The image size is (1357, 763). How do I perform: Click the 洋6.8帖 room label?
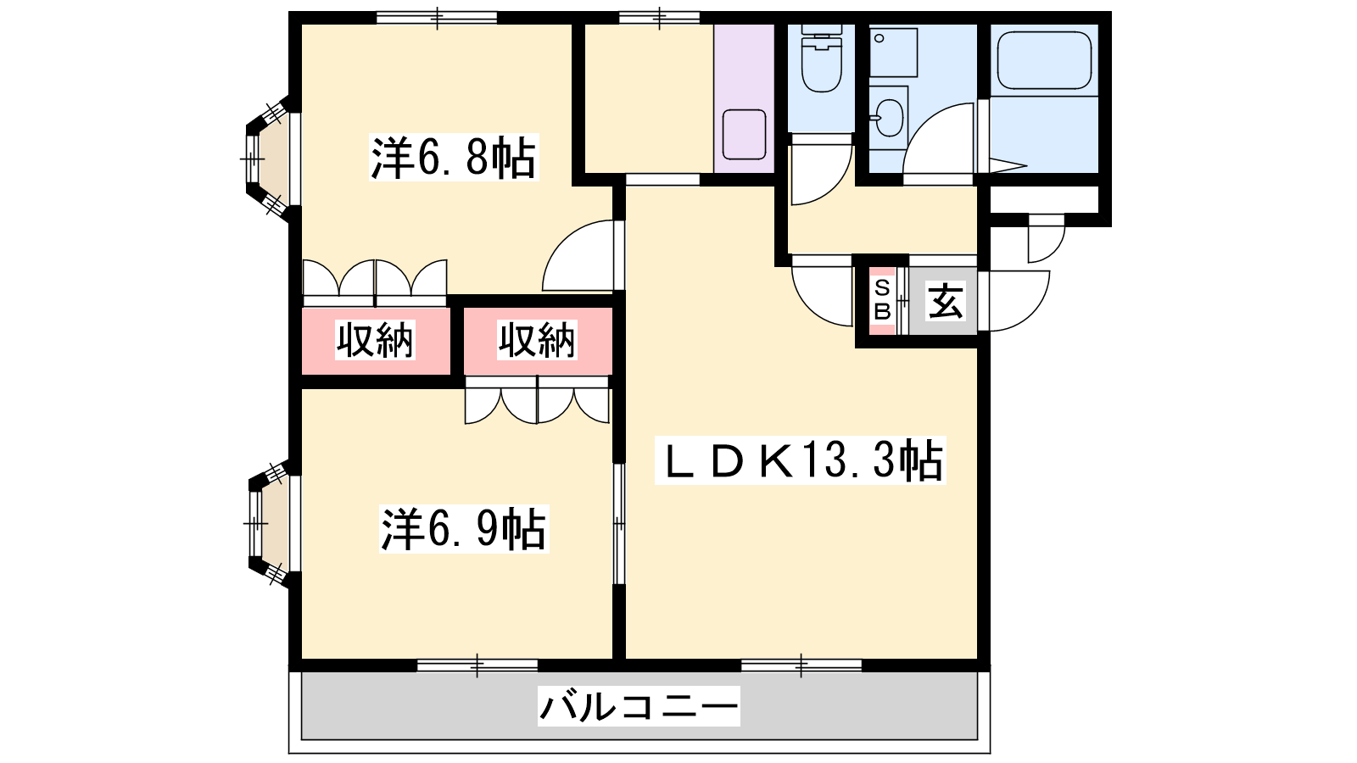(x=453, y=158)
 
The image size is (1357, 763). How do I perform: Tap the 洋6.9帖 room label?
(x=463, y=529)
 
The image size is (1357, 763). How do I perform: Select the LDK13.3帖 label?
(x=801, y=460)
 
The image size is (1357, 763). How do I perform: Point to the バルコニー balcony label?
(x=639, y=705)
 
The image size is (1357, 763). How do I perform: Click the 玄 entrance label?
(x=945, y=301)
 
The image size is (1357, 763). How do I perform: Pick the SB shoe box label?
(x=883, y=300)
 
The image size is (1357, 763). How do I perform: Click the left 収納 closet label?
(x=375, y=340)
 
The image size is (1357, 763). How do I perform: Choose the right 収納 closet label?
(x=537, y=340)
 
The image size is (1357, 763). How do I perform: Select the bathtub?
(x=1044, y=60)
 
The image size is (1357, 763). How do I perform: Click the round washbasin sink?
(x=890, y=118)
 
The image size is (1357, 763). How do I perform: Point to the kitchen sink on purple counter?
(x=744, y=135)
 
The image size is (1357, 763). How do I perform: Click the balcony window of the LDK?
(x=801, y=665)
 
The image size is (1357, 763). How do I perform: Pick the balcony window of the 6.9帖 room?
(x=477, y=665)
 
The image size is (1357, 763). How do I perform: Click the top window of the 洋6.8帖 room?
(x=437, y=18)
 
